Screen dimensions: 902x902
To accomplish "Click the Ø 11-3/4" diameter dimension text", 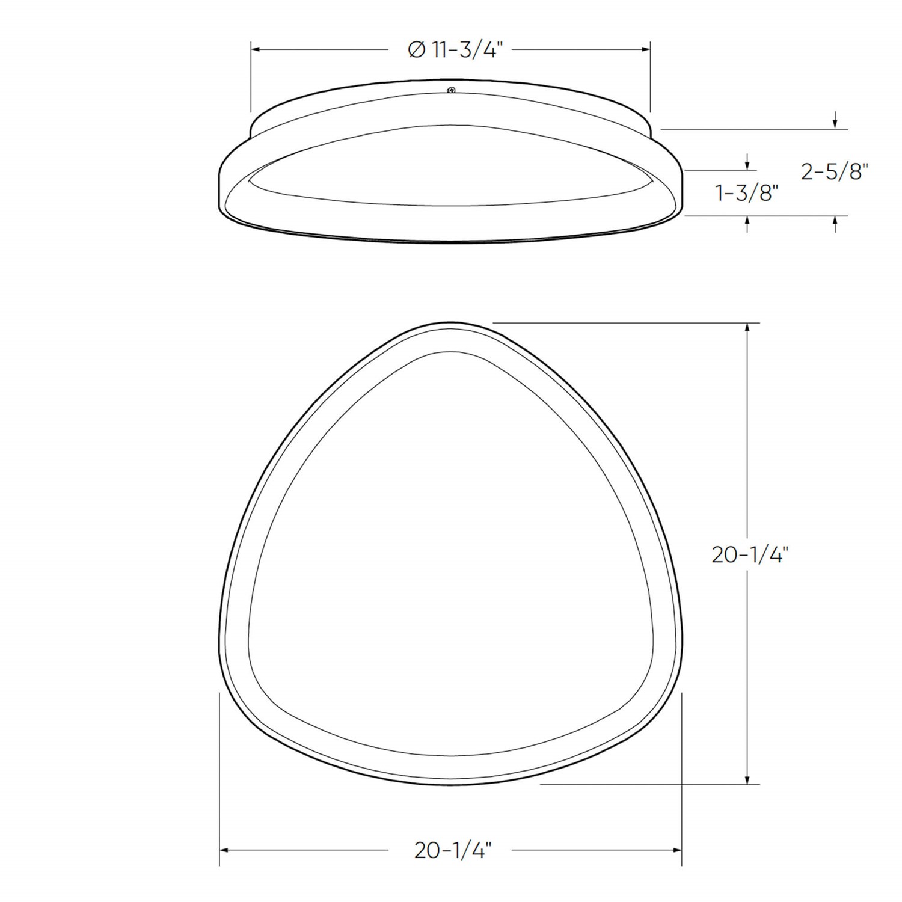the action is pyautogui.click(x=455, y=49).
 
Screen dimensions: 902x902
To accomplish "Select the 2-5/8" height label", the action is pyautogui.click(x=835, y=172).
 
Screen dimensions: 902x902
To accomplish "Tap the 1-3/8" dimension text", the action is pyautogui.click(x=747, y=193).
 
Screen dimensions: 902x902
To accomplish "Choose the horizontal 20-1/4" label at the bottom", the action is pyautogui.click(x=453, y=850).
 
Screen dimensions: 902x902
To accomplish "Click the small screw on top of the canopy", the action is pyautogui.click(x=451, y=90).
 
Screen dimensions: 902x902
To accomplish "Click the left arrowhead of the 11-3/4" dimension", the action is pyautogui.click(x=256, y=49).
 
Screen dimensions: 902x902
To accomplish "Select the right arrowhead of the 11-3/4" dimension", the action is pyautogui.click(x=646, y=49).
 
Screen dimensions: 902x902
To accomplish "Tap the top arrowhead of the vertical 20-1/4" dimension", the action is pyautogui.click(x=747, y=328).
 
